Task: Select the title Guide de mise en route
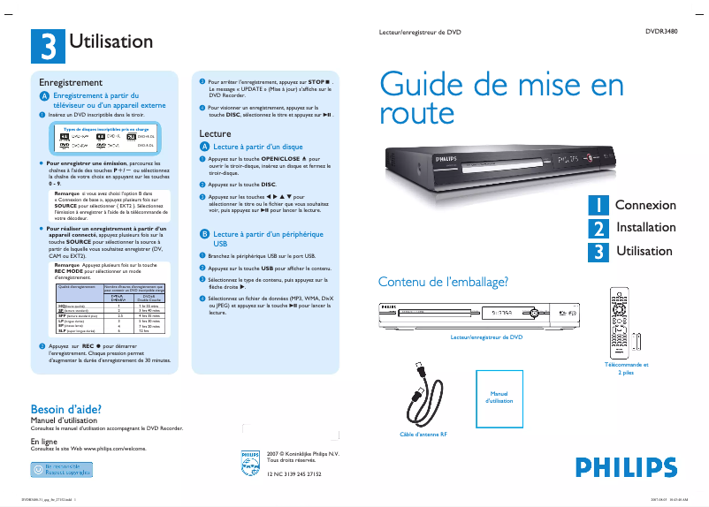coord(500,98)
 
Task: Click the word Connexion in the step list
coord(645,205)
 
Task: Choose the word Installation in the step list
coord(645,228)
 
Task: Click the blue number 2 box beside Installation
coord(599,228)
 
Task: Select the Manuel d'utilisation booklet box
coord(499,397)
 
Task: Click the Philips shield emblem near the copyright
coord(252,463)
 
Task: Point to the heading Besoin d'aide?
coord(65,409)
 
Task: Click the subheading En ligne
coord(43,441)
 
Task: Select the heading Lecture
coord(215,133)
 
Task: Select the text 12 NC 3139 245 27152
coord(294,474)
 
